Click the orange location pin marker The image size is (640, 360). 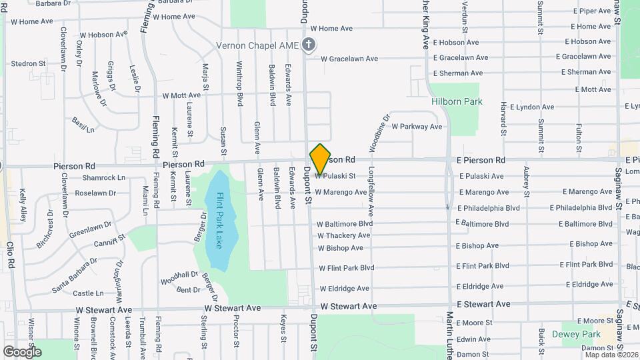(x=321, y=159)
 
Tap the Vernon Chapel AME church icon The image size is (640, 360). (x=308, y=45)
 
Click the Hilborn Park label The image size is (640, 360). (x=456, y=101)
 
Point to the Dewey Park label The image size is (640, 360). (x=581, y=335)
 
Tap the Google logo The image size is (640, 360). (x=22, y=351)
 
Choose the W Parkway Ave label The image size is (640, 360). (x=417, y=126)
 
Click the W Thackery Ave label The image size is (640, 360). (x=343, y=235)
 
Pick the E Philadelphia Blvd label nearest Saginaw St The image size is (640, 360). (x=578, y=207)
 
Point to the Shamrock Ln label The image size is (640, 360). (x=103, y=178)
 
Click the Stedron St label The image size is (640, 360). (x=28, y=64)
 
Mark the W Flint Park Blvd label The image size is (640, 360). (x=346, y=268)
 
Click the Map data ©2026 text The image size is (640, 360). (x=611, y=354)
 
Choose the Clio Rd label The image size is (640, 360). (x=11, y=254)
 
